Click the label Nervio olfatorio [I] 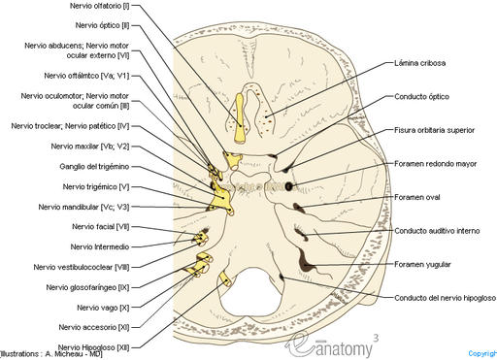click(101, 6)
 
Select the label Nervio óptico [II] click(105, 24)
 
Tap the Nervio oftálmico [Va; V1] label click(86, 75)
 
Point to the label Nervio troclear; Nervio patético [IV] click(69, 126)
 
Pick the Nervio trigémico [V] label click(96, 186)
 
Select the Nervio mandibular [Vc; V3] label click(84, 207)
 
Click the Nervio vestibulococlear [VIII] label click(82, 267)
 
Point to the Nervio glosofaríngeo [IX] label click(87, 287)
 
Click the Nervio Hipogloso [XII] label click(93, 346)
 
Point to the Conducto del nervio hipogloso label click(444, 298)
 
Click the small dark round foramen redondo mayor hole click(289, 185)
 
